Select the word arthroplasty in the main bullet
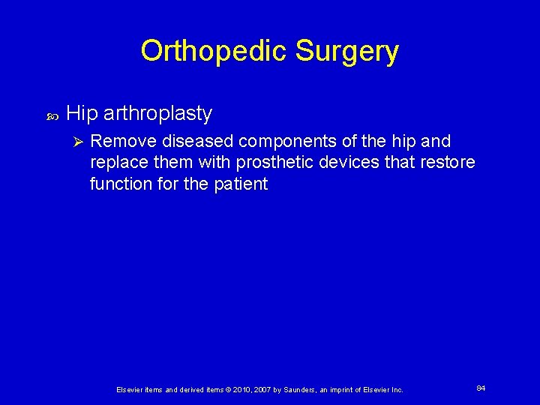click(157, 113)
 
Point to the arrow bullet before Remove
click(73, 142)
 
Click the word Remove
click(118, 142)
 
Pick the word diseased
click(186, 142)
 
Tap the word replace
click(116, 163)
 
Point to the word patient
click(241, 184)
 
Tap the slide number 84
click(481, 388)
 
